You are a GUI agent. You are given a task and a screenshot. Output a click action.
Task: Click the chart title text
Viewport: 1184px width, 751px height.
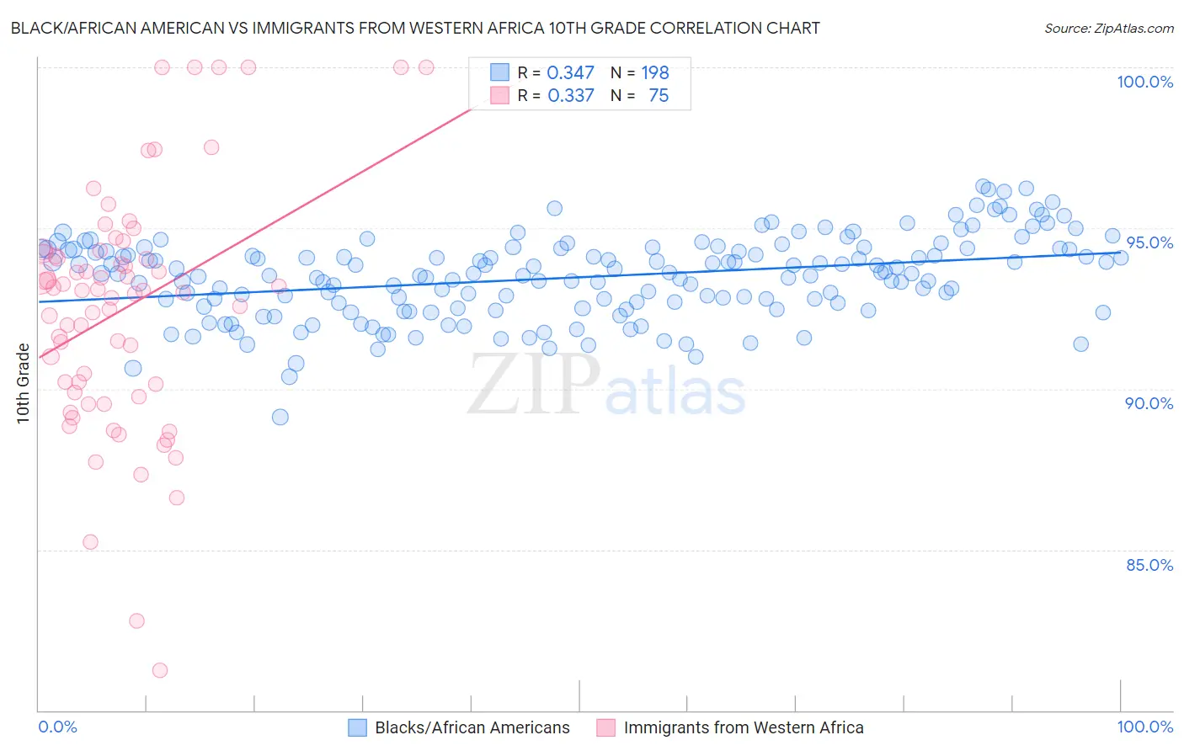[x=414, y=28]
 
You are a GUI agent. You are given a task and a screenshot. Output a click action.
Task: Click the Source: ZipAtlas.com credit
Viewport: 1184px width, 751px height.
[x=1108, y=28]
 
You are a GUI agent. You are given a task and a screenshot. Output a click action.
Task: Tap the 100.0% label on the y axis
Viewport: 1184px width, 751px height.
[x=1144, y=82]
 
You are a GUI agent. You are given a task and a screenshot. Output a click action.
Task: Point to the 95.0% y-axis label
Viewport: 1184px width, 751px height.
[x=1149, y=242]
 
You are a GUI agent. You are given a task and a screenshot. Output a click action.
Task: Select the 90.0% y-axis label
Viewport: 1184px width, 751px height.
[x=1149, y=403]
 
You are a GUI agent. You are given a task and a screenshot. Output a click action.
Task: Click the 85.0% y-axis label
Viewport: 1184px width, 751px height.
[x=1149, y=565]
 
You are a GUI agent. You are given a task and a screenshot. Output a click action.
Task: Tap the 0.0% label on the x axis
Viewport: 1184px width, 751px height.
[x=57, y=727]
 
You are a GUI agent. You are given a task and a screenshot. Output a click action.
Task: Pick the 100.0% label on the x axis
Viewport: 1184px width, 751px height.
[x=1144, y=727]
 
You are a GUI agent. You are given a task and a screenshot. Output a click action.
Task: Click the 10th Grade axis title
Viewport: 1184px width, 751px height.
[x=23, y=384]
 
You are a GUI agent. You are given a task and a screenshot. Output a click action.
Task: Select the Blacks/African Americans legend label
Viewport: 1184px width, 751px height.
[x=472, y=727]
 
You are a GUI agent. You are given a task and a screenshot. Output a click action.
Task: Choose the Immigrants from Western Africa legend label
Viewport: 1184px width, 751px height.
[x=743, y=727]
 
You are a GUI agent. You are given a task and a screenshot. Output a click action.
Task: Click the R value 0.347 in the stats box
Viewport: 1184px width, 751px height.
[x=570, y=73]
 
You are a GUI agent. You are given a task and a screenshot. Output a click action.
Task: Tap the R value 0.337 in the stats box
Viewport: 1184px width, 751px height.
[x=570, y=96]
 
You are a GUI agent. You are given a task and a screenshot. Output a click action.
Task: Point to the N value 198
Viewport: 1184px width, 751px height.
[x=654, y=73]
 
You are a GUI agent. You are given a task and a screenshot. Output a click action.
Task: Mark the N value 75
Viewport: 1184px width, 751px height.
[x=659, y=96]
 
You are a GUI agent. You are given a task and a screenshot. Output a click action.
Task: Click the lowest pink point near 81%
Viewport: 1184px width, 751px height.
[x=159, y=670]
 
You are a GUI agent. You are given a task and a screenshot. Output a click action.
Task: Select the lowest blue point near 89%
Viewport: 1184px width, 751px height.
[x=280, y=417]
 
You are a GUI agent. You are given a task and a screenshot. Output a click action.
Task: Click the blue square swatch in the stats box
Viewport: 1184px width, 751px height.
[x=500, y=73]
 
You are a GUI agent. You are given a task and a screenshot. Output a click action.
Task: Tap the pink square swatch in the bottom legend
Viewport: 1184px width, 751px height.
[x=605, y=727]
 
